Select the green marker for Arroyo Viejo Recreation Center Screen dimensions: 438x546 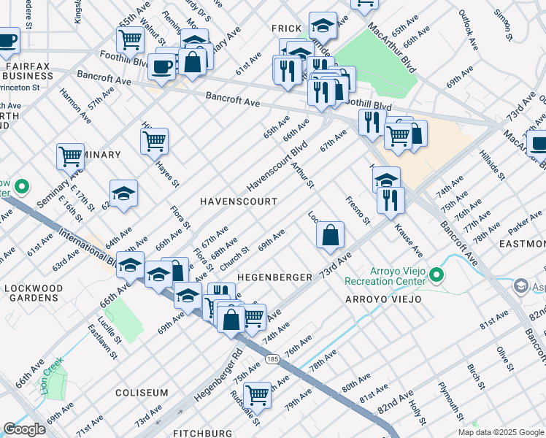(x=437, y=275)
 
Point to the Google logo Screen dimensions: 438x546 (x=25, y=429)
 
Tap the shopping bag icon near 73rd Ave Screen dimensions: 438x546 (x=330, y=235)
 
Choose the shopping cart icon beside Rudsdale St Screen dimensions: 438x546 (x=258, y=395)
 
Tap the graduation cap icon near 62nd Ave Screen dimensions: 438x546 (x=124, y=193)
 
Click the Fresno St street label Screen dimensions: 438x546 (x=358, y=210)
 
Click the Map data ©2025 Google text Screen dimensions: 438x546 (x=500, y=432)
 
